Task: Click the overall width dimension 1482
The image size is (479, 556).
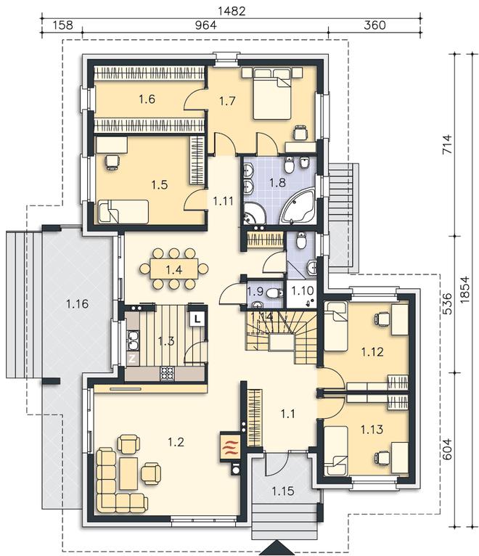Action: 232,11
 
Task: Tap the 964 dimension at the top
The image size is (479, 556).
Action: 205,25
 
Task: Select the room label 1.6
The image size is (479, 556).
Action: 147,99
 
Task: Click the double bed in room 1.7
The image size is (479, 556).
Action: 272,94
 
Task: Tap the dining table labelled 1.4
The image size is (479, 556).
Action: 173,269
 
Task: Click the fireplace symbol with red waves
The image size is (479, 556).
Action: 230,447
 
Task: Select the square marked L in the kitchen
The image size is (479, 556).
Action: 197,318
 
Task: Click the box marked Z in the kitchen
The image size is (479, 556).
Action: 132,359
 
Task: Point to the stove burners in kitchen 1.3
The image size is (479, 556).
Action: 167,374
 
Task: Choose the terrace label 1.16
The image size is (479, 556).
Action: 77,304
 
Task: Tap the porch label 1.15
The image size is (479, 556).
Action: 283,491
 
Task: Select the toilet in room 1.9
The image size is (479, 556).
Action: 274,293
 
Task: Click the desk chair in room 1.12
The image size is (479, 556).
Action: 382,319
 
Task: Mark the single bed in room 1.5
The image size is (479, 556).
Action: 123,212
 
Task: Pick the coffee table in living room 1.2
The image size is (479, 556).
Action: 128,473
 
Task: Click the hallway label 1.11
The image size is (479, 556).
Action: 223,201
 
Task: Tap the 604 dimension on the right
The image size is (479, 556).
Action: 448,449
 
